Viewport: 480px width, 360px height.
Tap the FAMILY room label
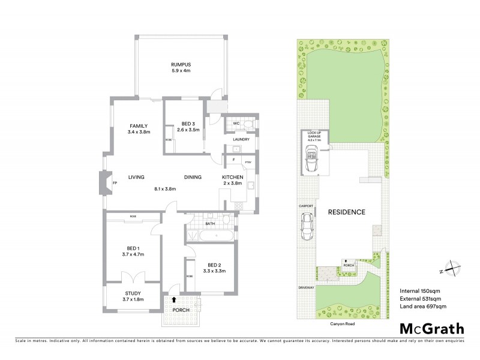pyautogui.click(x=138, y=125)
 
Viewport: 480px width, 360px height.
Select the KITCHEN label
pyautogui.click(x=232, y=177)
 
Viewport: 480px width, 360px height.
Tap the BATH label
pyautogui.click(x=210, y=224)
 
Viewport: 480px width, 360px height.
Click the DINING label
pyautogui.click(x=193, y=177)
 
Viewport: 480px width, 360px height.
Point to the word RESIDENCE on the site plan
pyautogui.click(x=346, y=212)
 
